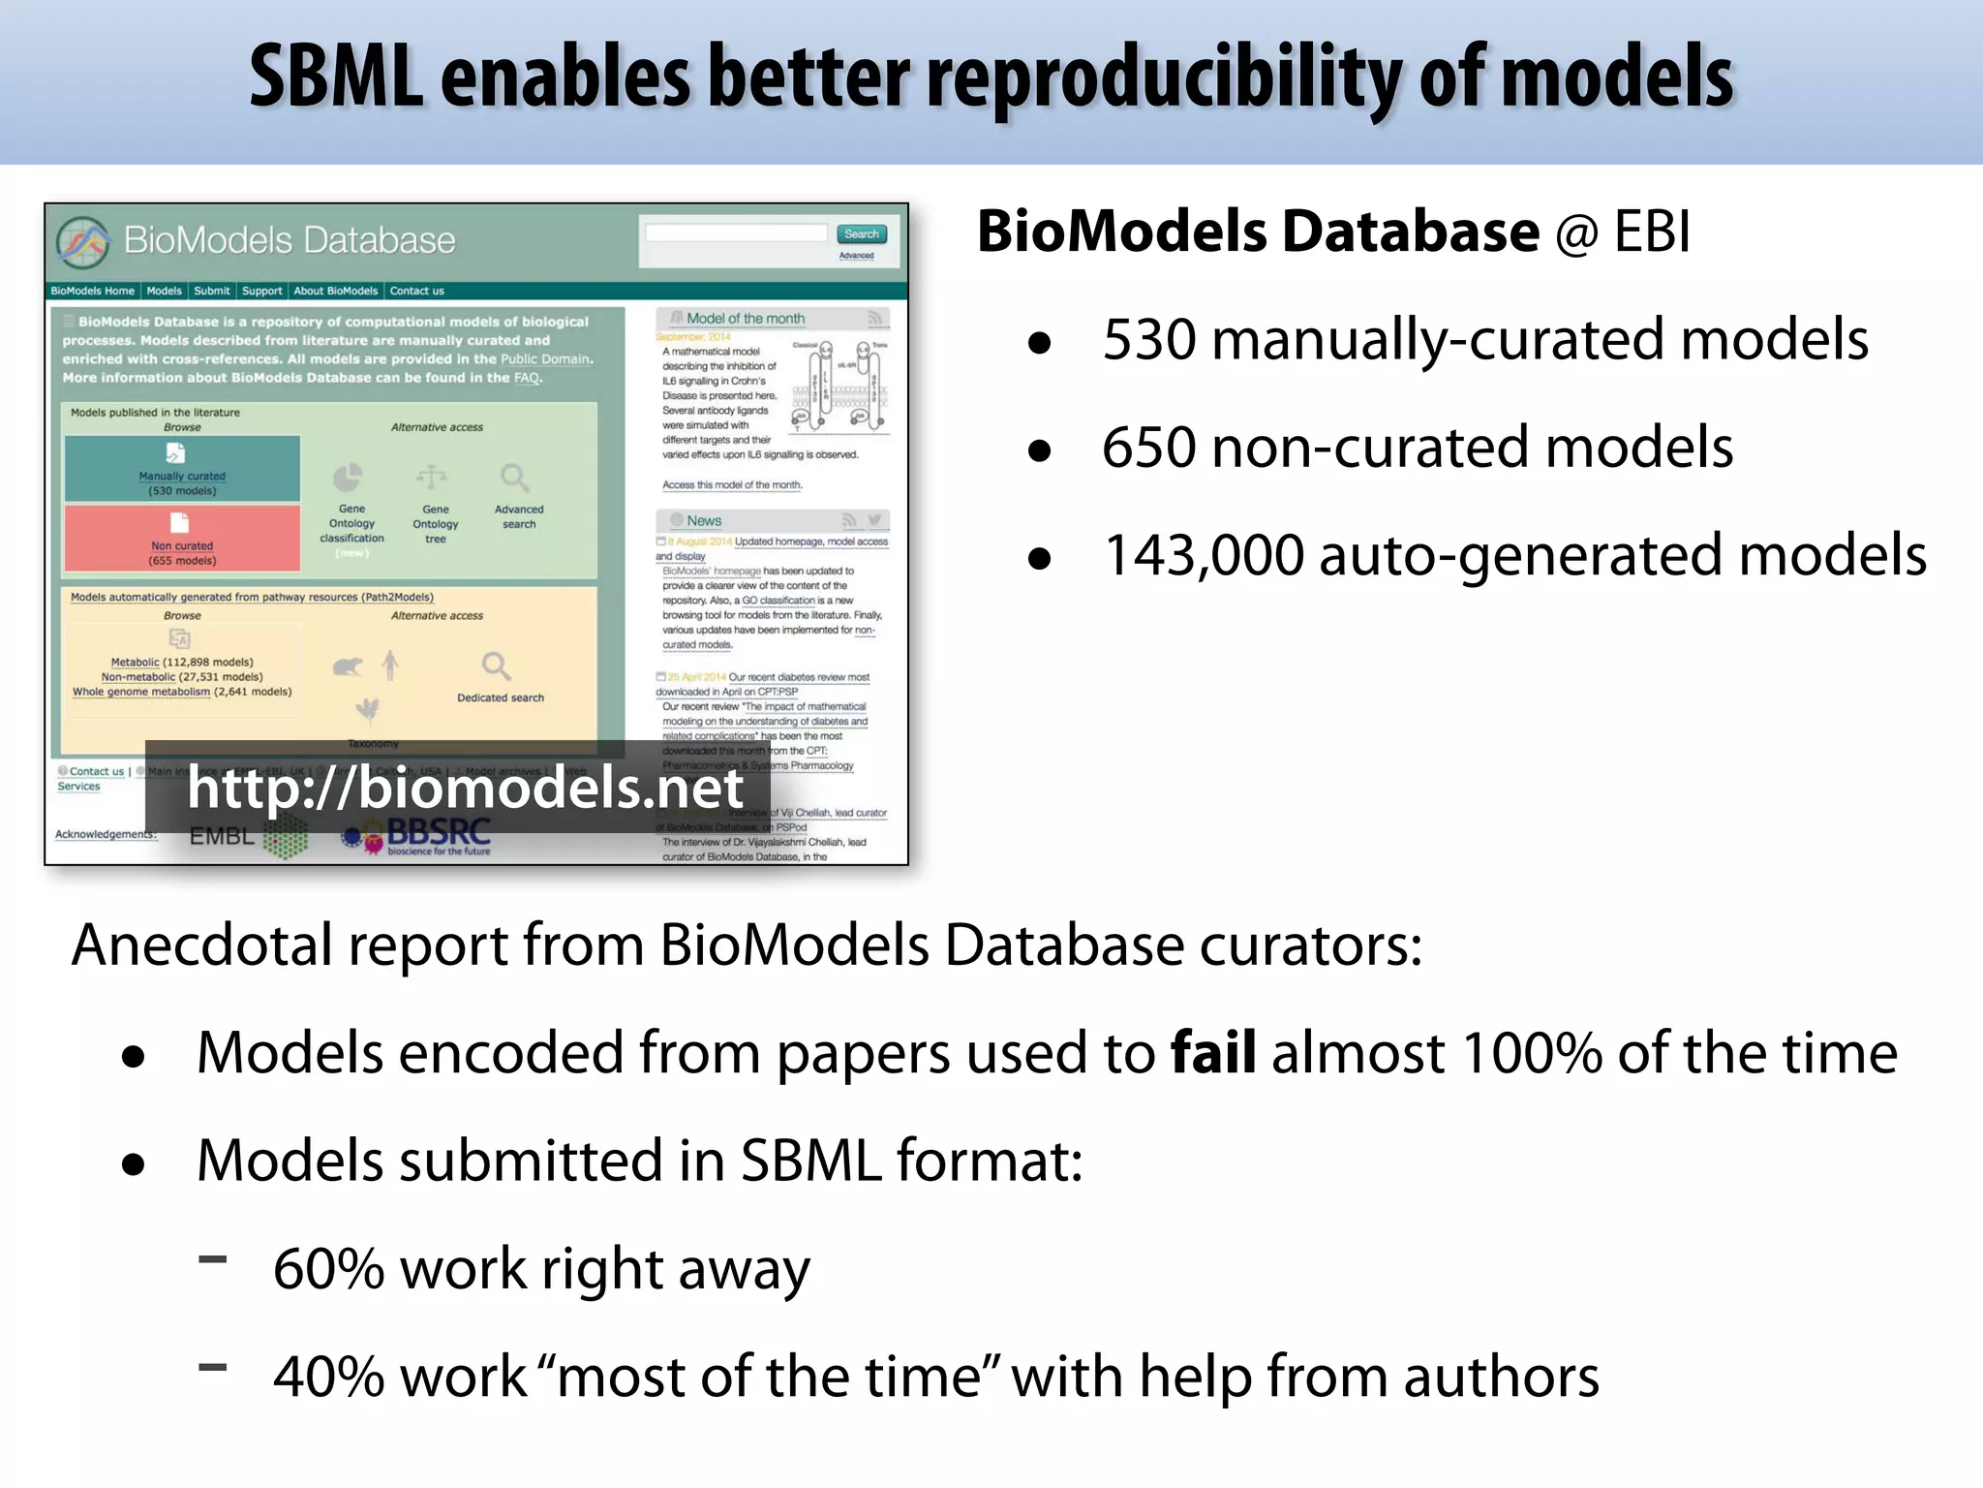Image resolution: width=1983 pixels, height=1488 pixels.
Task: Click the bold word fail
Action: (x=1213, y=1053)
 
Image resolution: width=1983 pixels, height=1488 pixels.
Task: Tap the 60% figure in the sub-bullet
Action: (x=329, y=1269)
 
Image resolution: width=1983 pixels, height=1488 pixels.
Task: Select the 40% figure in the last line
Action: (x=329, y=1377)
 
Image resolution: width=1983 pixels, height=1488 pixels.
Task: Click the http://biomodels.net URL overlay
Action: (x=465, y=787)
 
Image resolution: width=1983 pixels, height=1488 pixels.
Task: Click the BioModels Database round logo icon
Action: (x=82, y=241)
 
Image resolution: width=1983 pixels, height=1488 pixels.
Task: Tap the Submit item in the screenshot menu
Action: (x=211, y=291)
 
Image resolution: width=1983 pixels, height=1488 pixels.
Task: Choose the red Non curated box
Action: (x=182, y=539)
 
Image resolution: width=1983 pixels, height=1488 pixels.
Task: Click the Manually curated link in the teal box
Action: (x=182, y=476)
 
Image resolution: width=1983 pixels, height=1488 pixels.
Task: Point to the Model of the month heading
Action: (x=745, y=319)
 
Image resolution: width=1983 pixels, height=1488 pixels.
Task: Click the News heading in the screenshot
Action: (x=704, y=520)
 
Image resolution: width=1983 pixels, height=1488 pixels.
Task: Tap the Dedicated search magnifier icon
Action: (x=496, y=666)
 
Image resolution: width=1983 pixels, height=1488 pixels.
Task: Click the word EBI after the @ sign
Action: (x=1652, y=232)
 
